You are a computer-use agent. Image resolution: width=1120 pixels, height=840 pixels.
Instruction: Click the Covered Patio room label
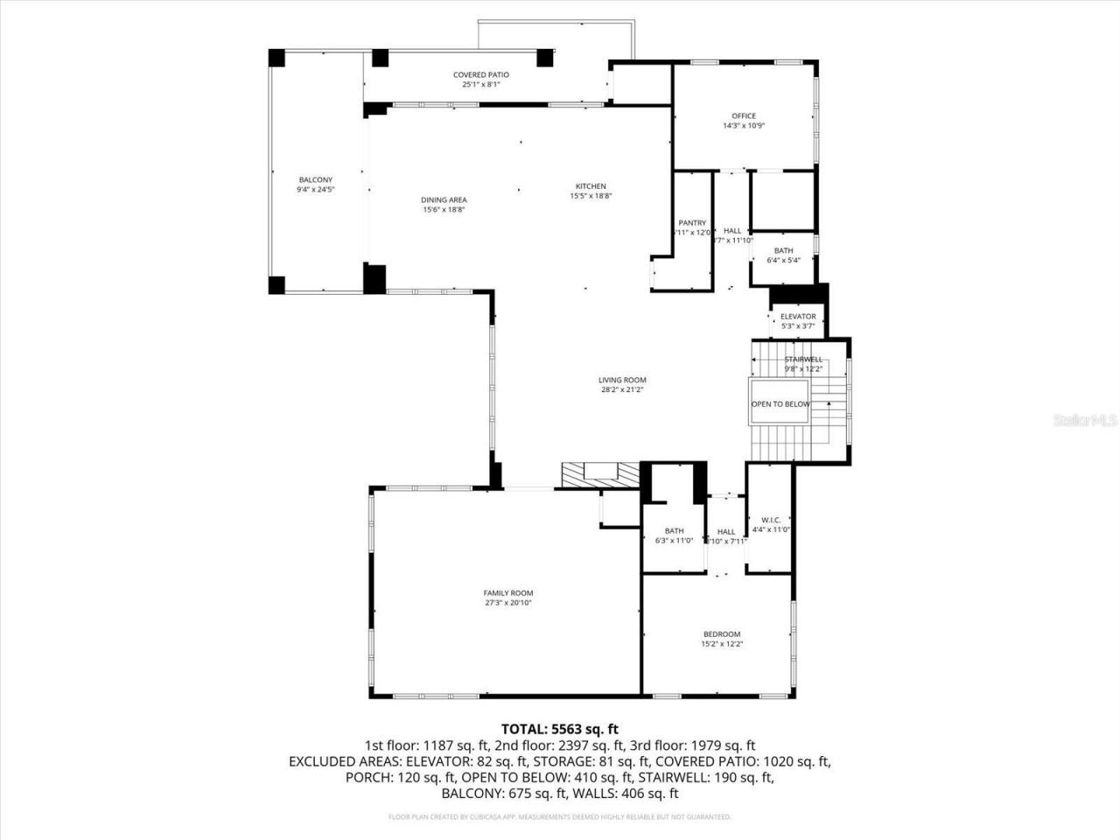point(480,75)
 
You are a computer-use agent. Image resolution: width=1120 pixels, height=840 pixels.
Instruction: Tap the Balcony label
point(315,179)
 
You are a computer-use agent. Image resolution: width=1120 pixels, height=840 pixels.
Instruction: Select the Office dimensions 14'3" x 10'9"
point(744,126)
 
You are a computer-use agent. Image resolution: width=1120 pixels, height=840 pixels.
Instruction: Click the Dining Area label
point(444,200)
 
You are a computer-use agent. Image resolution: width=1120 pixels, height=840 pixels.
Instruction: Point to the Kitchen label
point(591,186)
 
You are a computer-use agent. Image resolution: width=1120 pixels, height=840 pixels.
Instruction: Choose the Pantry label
point(692,223)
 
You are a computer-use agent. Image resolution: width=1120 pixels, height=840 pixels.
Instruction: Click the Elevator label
point(798,317)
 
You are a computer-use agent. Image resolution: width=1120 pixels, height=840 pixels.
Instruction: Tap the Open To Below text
point(780,404)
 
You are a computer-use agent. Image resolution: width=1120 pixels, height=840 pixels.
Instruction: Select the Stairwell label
point(802,360)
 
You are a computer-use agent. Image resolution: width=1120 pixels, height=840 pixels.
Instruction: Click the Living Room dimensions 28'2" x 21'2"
point(622,390)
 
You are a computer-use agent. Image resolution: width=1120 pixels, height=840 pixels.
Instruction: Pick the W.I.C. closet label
point(770,520)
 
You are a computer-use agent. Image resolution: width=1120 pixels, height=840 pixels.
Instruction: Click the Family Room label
point(508,593)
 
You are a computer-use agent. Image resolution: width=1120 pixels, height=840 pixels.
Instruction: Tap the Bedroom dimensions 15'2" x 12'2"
point(722,644)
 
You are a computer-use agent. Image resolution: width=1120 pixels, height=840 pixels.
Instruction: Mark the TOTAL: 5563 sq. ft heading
point(560,728)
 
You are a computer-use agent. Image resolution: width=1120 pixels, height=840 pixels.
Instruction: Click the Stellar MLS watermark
point(1085,421)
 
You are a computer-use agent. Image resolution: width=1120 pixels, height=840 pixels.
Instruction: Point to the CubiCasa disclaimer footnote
point(560,817)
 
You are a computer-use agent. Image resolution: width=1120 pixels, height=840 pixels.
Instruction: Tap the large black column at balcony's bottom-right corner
point(374,278)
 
